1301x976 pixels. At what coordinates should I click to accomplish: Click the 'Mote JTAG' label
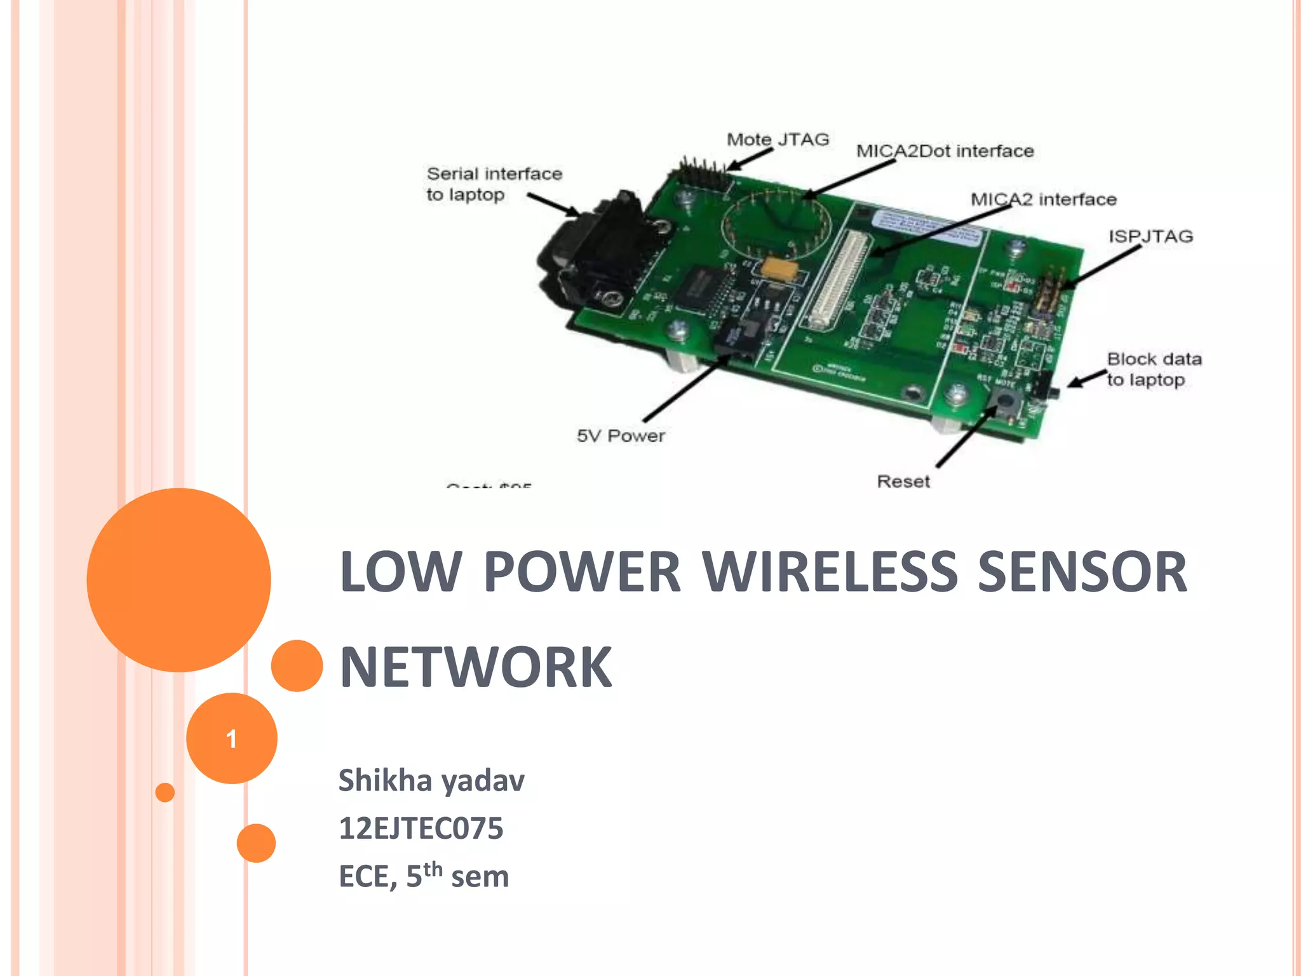click(778, 139)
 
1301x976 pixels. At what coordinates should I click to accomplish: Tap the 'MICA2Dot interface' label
click(945, 151)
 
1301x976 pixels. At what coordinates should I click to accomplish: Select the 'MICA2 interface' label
click(1043, 200)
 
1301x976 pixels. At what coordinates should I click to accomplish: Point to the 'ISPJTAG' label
click(1150, 236)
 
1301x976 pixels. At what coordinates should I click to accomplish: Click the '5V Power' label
click(620, 436)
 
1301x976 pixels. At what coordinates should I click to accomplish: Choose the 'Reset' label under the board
click(903, 482)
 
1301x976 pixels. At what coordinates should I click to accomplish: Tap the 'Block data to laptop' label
click(1153, 369)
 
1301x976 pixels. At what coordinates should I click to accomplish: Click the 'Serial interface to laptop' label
click(494, 184)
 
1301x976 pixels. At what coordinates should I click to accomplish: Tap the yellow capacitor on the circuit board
click(782, 268)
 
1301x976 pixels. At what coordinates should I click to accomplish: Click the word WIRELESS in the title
click(830, 572)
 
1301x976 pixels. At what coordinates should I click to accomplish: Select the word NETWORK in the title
click(476, 667)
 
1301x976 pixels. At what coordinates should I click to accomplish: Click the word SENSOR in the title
click(1082, 572)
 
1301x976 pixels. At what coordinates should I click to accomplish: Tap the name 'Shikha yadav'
click(431, 780)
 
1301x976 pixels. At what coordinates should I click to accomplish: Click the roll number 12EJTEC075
click(421, 829)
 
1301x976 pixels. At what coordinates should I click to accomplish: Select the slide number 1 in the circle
click(231, 739)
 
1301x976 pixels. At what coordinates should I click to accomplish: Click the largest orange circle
click(179, 579)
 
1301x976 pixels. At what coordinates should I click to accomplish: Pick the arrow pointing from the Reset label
click(964, 438)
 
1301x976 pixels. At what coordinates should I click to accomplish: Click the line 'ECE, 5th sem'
click(424, 876)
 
